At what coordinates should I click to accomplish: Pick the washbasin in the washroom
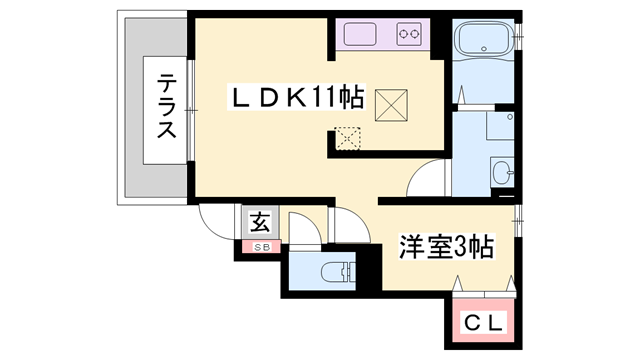[502, 172]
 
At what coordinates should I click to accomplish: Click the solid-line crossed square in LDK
[389, 104]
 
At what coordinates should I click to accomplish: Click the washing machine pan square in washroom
[500, 125]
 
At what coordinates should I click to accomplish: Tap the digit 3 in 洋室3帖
[464, 246]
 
